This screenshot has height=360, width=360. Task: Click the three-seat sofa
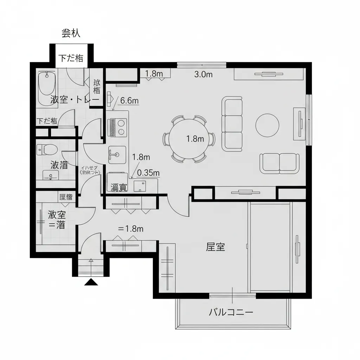point(232,124)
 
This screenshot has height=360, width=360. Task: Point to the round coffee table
point(267,125)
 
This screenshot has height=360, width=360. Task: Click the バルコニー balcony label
point(231,312)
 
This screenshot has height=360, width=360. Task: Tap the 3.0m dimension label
point(204,74)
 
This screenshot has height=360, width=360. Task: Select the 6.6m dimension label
point(129,101)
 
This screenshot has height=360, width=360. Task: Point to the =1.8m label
point(131,229)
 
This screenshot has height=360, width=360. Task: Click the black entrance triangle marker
point(91,282)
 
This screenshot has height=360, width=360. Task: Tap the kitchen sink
point(117,155)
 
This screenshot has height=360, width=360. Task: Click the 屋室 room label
point(216,247)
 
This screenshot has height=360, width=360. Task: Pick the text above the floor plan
point(71,33)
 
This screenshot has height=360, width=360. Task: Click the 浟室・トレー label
point(75,99)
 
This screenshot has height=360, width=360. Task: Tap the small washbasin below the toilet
point(51,175)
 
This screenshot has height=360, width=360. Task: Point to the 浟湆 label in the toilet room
point(59,165)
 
